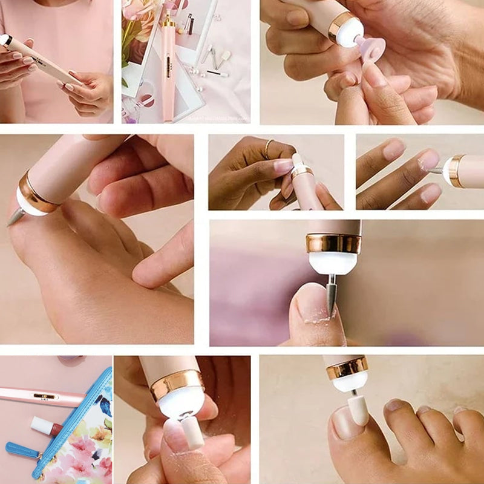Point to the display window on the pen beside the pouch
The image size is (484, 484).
pyautogui.click(x=45, y=396)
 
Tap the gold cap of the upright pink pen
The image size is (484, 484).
pyautogui.click(x=168, y=22)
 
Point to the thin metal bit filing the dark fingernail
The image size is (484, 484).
pyautogui.click(x=436, y=171)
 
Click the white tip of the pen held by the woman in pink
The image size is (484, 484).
pyautogui.click(x=5, y=40)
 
